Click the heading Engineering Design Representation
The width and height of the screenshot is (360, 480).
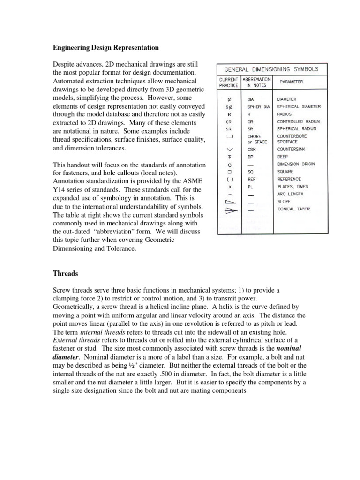coord(105,48)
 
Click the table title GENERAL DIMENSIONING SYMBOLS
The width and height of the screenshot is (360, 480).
coord(271,69)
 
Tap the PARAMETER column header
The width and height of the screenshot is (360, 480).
coord(291,82)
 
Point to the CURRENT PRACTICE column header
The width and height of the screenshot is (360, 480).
coord(229,82)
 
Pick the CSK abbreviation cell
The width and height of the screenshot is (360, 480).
coord(251,149)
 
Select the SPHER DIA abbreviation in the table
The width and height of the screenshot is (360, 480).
coord(259,106)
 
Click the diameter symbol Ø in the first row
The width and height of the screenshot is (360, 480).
coord(229,99)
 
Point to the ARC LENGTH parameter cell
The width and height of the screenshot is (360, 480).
coord(290,194)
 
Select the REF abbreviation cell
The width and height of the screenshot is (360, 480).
coord(251,179)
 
